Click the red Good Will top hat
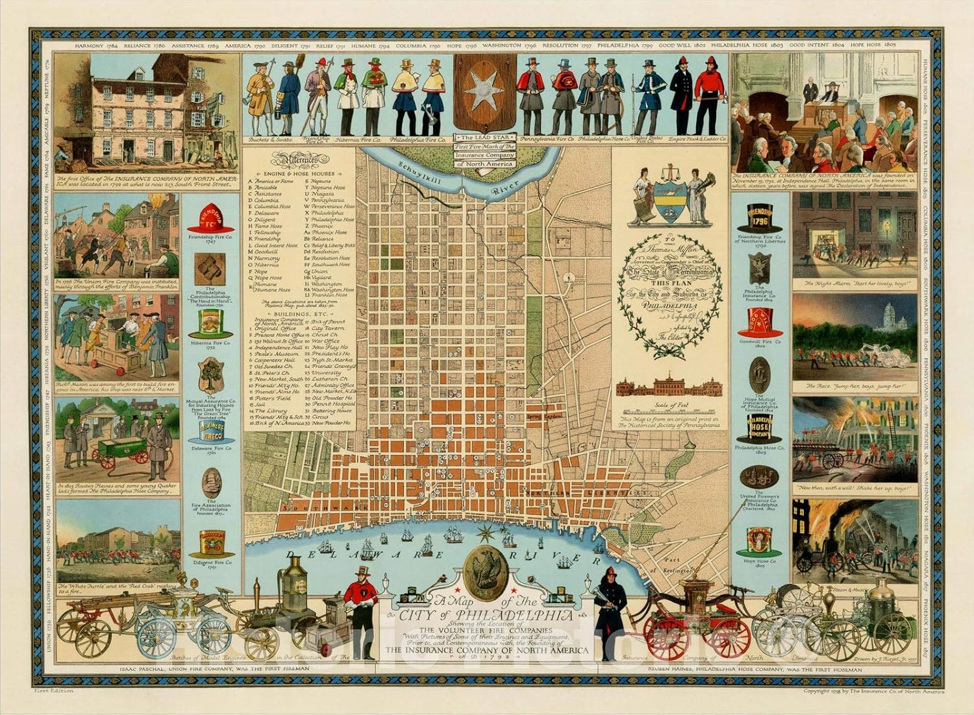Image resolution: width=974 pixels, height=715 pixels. pos(759,321)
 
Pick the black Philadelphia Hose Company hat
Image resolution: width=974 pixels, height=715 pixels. pos(759,428)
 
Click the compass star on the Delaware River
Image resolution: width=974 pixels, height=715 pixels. pos(484,534)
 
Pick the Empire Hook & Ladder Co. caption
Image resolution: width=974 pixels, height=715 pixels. pos(704,139)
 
